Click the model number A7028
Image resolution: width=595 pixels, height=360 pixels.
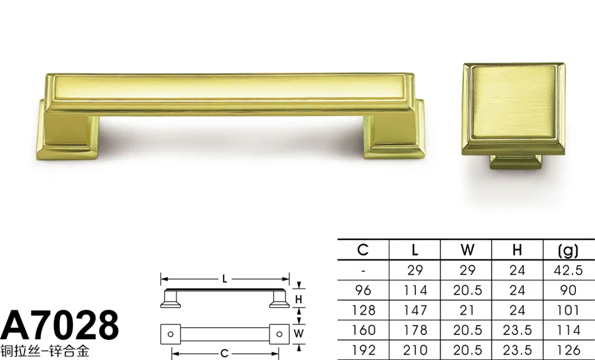[x=59, y=325]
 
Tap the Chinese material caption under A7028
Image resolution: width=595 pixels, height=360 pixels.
[x=45, y=351]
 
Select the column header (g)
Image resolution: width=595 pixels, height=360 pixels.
[x=568, y=250]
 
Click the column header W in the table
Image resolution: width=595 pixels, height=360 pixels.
[x=467, y=250]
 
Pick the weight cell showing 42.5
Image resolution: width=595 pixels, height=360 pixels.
[x=568, y=270]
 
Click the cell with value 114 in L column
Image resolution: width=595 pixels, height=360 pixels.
[x=415, y=290]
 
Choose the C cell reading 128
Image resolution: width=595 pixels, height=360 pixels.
[x=364, y=310]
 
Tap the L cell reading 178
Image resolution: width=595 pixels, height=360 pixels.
[x=415, y=330]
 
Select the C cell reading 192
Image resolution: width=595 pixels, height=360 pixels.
[x=364, y=350]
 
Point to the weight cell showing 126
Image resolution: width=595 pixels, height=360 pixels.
[x=568, y=350]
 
